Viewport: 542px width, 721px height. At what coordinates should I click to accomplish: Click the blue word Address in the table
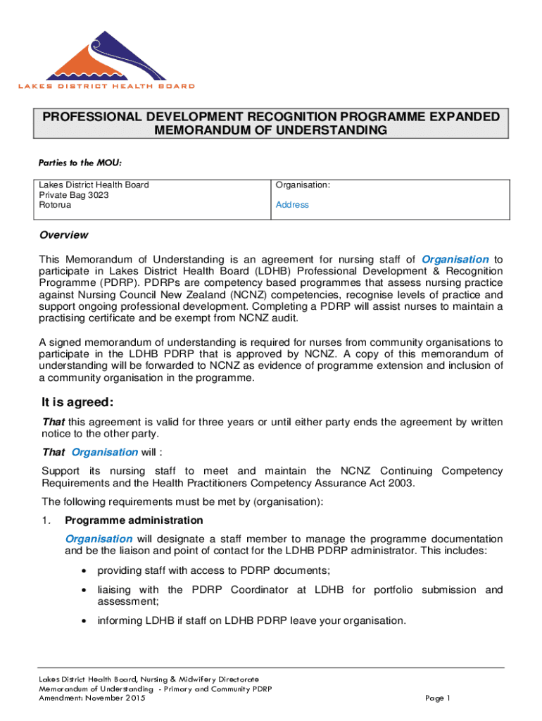click(292, 205)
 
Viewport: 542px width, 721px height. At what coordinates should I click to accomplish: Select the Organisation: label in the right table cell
click(303, 185)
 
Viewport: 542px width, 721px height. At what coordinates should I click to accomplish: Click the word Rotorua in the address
click(55, 205)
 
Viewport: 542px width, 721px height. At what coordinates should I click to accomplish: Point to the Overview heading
click(63, 235)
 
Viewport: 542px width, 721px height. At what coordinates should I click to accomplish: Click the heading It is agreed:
click(77, 403)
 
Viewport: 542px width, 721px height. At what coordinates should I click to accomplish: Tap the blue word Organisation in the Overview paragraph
click(455, 259)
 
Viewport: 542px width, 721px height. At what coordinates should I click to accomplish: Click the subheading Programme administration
click(134, 520)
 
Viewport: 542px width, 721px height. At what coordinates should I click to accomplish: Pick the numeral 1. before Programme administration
click(46, 520)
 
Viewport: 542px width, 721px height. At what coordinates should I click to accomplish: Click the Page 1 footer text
click(438, 698)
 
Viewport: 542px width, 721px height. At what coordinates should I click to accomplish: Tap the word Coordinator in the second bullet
click(264, 590)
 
